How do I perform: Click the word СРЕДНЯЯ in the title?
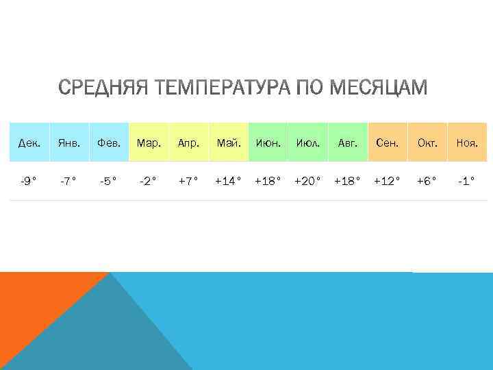click(102, 88)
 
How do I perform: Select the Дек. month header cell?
click(29, 143)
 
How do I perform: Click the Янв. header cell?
click(68, 143)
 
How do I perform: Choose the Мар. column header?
click(149, 143)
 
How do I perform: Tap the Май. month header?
click(228, 143)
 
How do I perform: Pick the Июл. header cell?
click(307, 143)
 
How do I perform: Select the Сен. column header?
click(387, 143)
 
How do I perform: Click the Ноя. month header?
click(467, 143)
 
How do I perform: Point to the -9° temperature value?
click(29, 182)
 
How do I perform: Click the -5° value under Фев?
click(108, 182)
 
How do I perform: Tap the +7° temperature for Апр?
click(188, 182)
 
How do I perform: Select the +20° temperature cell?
click(307, 182)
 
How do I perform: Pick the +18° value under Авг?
click(347, 182)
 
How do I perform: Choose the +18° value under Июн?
click(268, 182)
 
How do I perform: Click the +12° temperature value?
click(387, 182)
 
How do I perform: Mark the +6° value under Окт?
click(427, 182)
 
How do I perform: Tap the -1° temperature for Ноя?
click(467, 182)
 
